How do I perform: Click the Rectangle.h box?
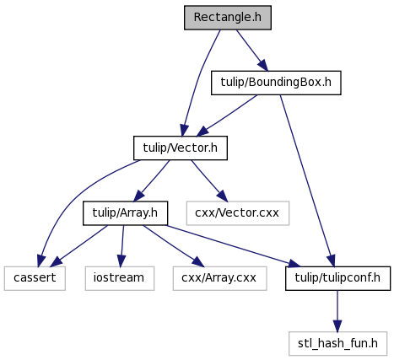(x=228, y=18)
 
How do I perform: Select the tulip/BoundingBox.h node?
(x=276, y=83)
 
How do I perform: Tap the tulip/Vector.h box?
(x=181, y=148)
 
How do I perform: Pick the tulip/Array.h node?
(x=125, y=213)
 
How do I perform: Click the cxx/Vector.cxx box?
(x=237, y=213)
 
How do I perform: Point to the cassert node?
(x=35, y=278)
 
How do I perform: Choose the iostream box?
(x=120, y=278)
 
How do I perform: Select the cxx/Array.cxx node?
(x=219, y=278)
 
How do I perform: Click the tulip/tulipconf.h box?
(x=337, y=278)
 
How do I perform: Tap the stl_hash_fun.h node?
(x=337, y=343)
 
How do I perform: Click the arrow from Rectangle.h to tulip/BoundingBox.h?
(x=252, y=50)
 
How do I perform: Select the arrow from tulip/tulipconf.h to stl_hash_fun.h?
(x=337, y=311)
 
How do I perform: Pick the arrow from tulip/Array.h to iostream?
(x=122, y=246)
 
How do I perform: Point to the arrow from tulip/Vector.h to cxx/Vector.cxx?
(x=209, y=180)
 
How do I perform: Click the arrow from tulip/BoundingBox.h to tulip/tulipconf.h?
(x=307, y=180)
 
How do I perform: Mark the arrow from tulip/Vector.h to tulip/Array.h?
(x=152, y=180)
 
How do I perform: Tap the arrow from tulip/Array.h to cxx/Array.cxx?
(x=173, y=246)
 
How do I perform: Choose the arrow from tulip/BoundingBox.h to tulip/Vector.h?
(x=227, y=116)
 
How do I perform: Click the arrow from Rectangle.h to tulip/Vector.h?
(x=198, y=82)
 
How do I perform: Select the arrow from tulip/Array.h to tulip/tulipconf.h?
(x=233, y=246)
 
